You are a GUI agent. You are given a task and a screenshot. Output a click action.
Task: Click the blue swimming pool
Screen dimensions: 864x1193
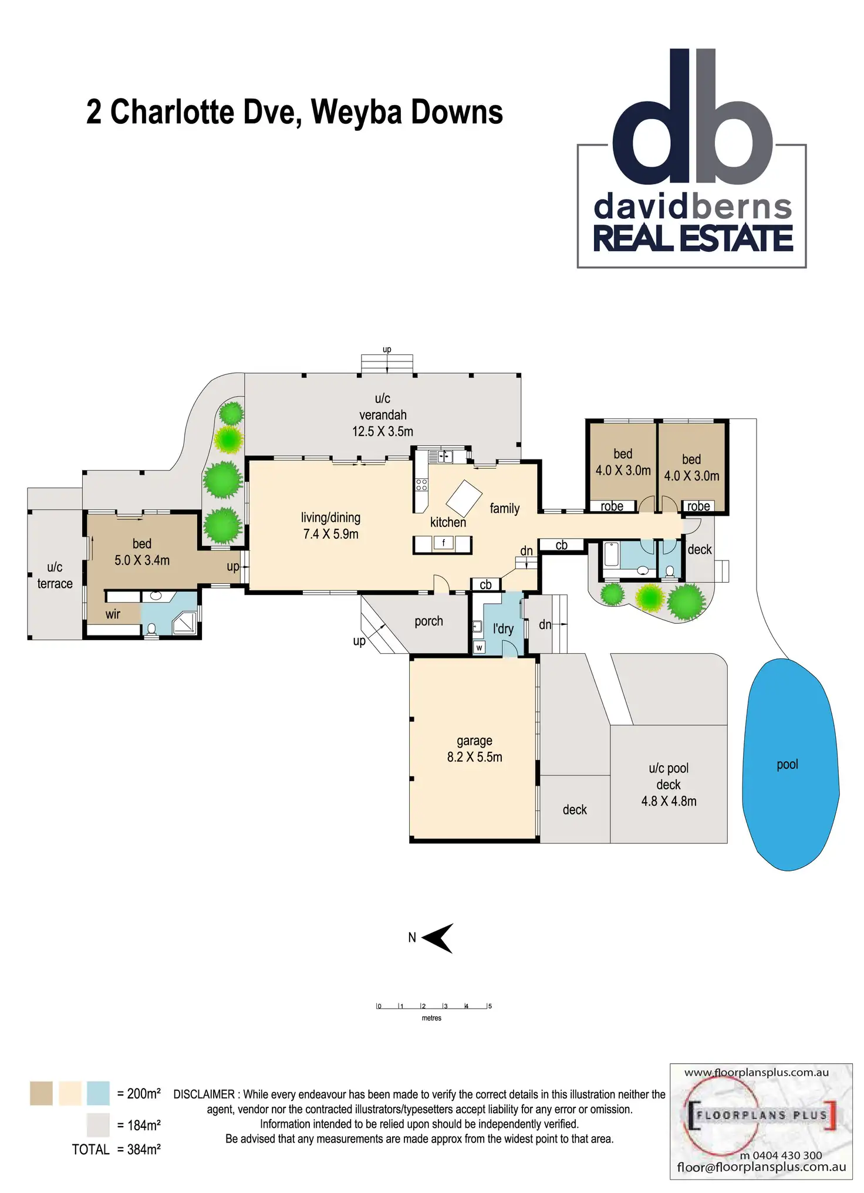click(x=789, y=763)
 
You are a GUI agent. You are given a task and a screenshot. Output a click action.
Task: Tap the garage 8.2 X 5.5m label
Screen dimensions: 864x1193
click(x=474, y=749)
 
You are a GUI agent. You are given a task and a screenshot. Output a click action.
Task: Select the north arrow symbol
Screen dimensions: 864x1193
click(x=438, y=938)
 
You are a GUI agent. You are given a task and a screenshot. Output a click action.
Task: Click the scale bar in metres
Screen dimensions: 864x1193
click(x=433, y=1006)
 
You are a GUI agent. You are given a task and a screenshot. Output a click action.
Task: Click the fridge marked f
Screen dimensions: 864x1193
click(x=444, y=543)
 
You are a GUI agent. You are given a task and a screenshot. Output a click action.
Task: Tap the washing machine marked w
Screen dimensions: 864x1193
click(x=479, y=648)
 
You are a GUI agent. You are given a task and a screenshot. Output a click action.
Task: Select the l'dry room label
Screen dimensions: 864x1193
click(x=503, y=629)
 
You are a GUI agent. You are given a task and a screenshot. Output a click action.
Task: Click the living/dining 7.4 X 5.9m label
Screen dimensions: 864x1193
click(x=331, y=526)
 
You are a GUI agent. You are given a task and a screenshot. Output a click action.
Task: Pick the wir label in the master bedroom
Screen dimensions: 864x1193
click(x=113, y=614)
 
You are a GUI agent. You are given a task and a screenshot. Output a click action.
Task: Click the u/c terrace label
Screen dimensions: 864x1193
click(x=55, y=575)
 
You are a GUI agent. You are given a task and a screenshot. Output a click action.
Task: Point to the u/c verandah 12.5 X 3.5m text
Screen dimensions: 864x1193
click(x=383, y=415)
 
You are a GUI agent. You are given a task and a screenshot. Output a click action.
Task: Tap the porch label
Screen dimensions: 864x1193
click(x=428, y=621)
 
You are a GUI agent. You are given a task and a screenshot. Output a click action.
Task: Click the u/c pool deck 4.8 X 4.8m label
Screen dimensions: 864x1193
click(x=669, y=785)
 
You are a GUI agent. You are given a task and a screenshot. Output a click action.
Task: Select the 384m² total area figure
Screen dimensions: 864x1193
click(x=144, y=1150)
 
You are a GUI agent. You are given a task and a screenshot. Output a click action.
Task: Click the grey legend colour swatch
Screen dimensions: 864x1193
click(x=98, y=1125)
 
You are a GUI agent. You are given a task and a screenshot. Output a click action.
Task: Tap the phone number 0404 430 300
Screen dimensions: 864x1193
click(x=787, y=1155)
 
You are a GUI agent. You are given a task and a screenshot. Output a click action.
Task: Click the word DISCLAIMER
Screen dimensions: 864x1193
click(x=204, y=1094)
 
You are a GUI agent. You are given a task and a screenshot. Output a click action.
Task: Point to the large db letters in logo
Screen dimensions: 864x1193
click(x=693, y=117)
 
